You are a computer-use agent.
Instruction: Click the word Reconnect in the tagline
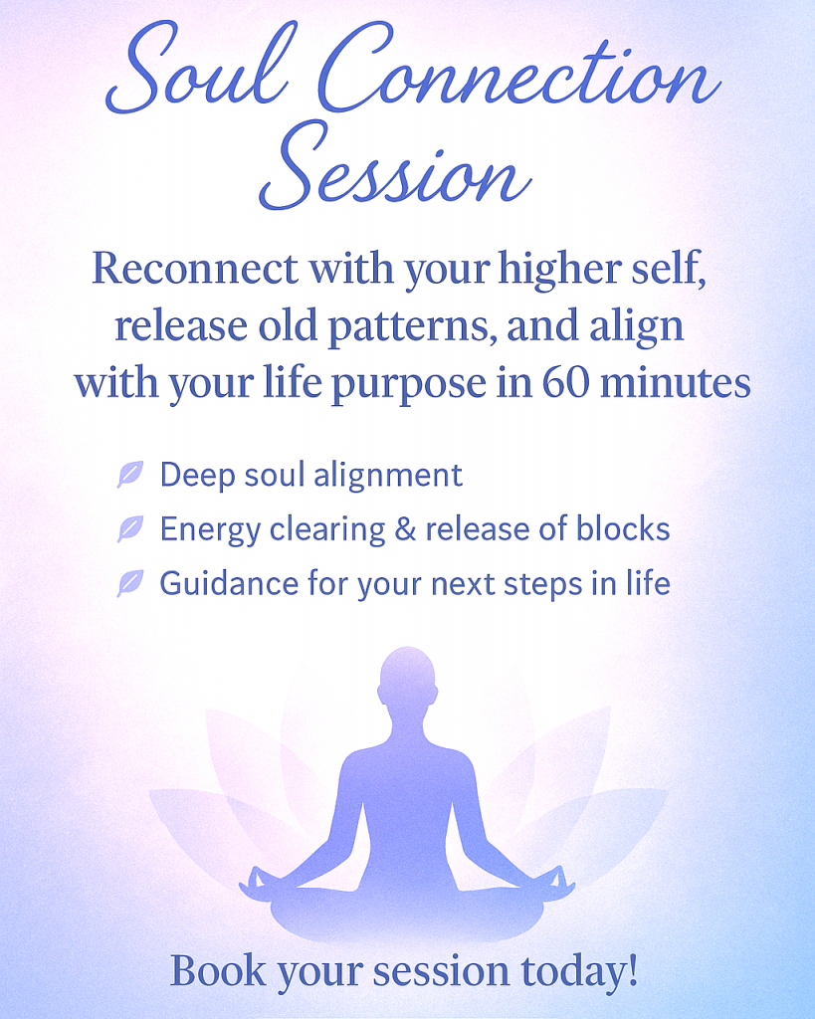pos(196,267)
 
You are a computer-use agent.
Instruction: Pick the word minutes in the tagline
pos(676,383)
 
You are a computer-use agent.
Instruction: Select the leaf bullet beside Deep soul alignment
pos(130,474)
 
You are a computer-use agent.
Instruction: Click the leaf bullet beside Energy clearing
pos(130,528)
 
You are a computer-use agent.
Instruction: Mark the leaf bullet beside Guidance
pos(130,583)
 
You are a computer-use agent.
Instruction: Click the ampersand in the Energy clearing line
pos(405,529)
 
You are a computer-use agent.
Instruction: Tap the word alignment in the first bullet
pos(388,476)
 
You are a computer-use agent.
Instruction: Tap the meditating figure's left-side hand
pos(255,882)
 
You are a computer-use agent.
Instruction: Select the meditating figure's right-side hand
pos(558,882)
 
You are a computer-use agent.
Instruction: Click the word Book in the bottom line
pos(218,971)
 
